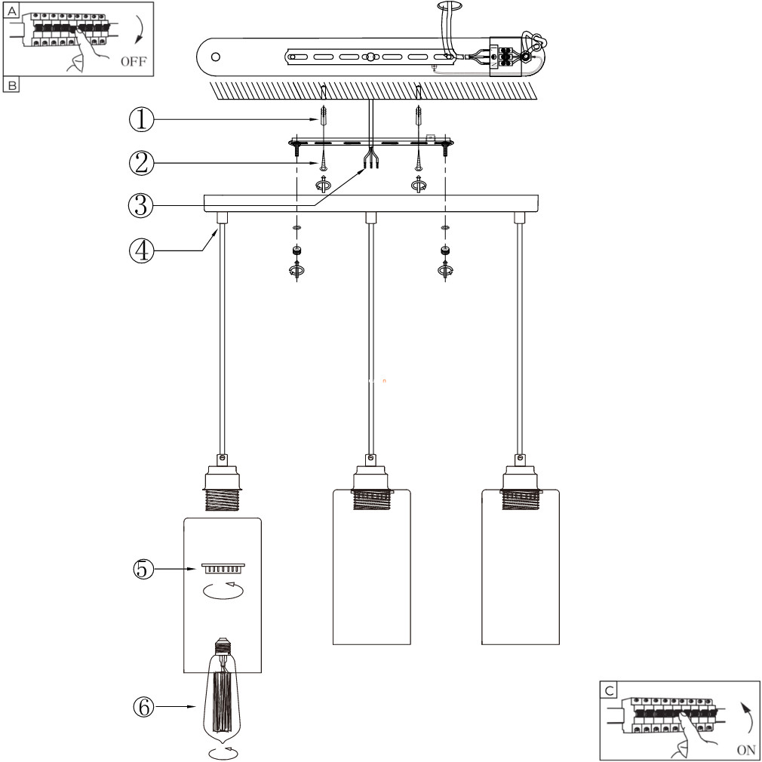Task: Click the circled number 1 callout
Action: click(141, 119)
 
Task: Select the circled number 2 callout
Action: click(141, 163)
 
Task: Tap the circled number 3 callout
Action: click(140, 205)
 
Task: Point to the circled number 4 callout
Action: click(141, 250)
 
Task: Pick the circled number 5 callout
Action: click(143, 569)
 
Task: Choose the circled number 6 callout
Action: click(144, 707)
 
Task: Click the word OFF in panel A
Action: click(133, 62)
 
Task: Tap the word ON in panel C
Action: click(745, 750)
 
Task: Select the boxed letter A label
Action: click(11, 11)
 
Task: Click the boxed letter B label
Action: click(11, 85)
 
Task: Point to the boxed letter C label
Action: click(609, 690)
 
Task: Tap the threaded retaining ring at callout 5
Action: click(223, 569)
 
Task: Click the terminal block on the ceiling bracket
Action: click(505, 57)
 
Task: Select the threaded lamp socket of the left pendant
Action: click(223, 487)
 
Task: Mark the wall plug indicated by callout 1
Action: click(323, 117)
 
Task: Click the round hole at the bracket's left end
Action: click(216, 57)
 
